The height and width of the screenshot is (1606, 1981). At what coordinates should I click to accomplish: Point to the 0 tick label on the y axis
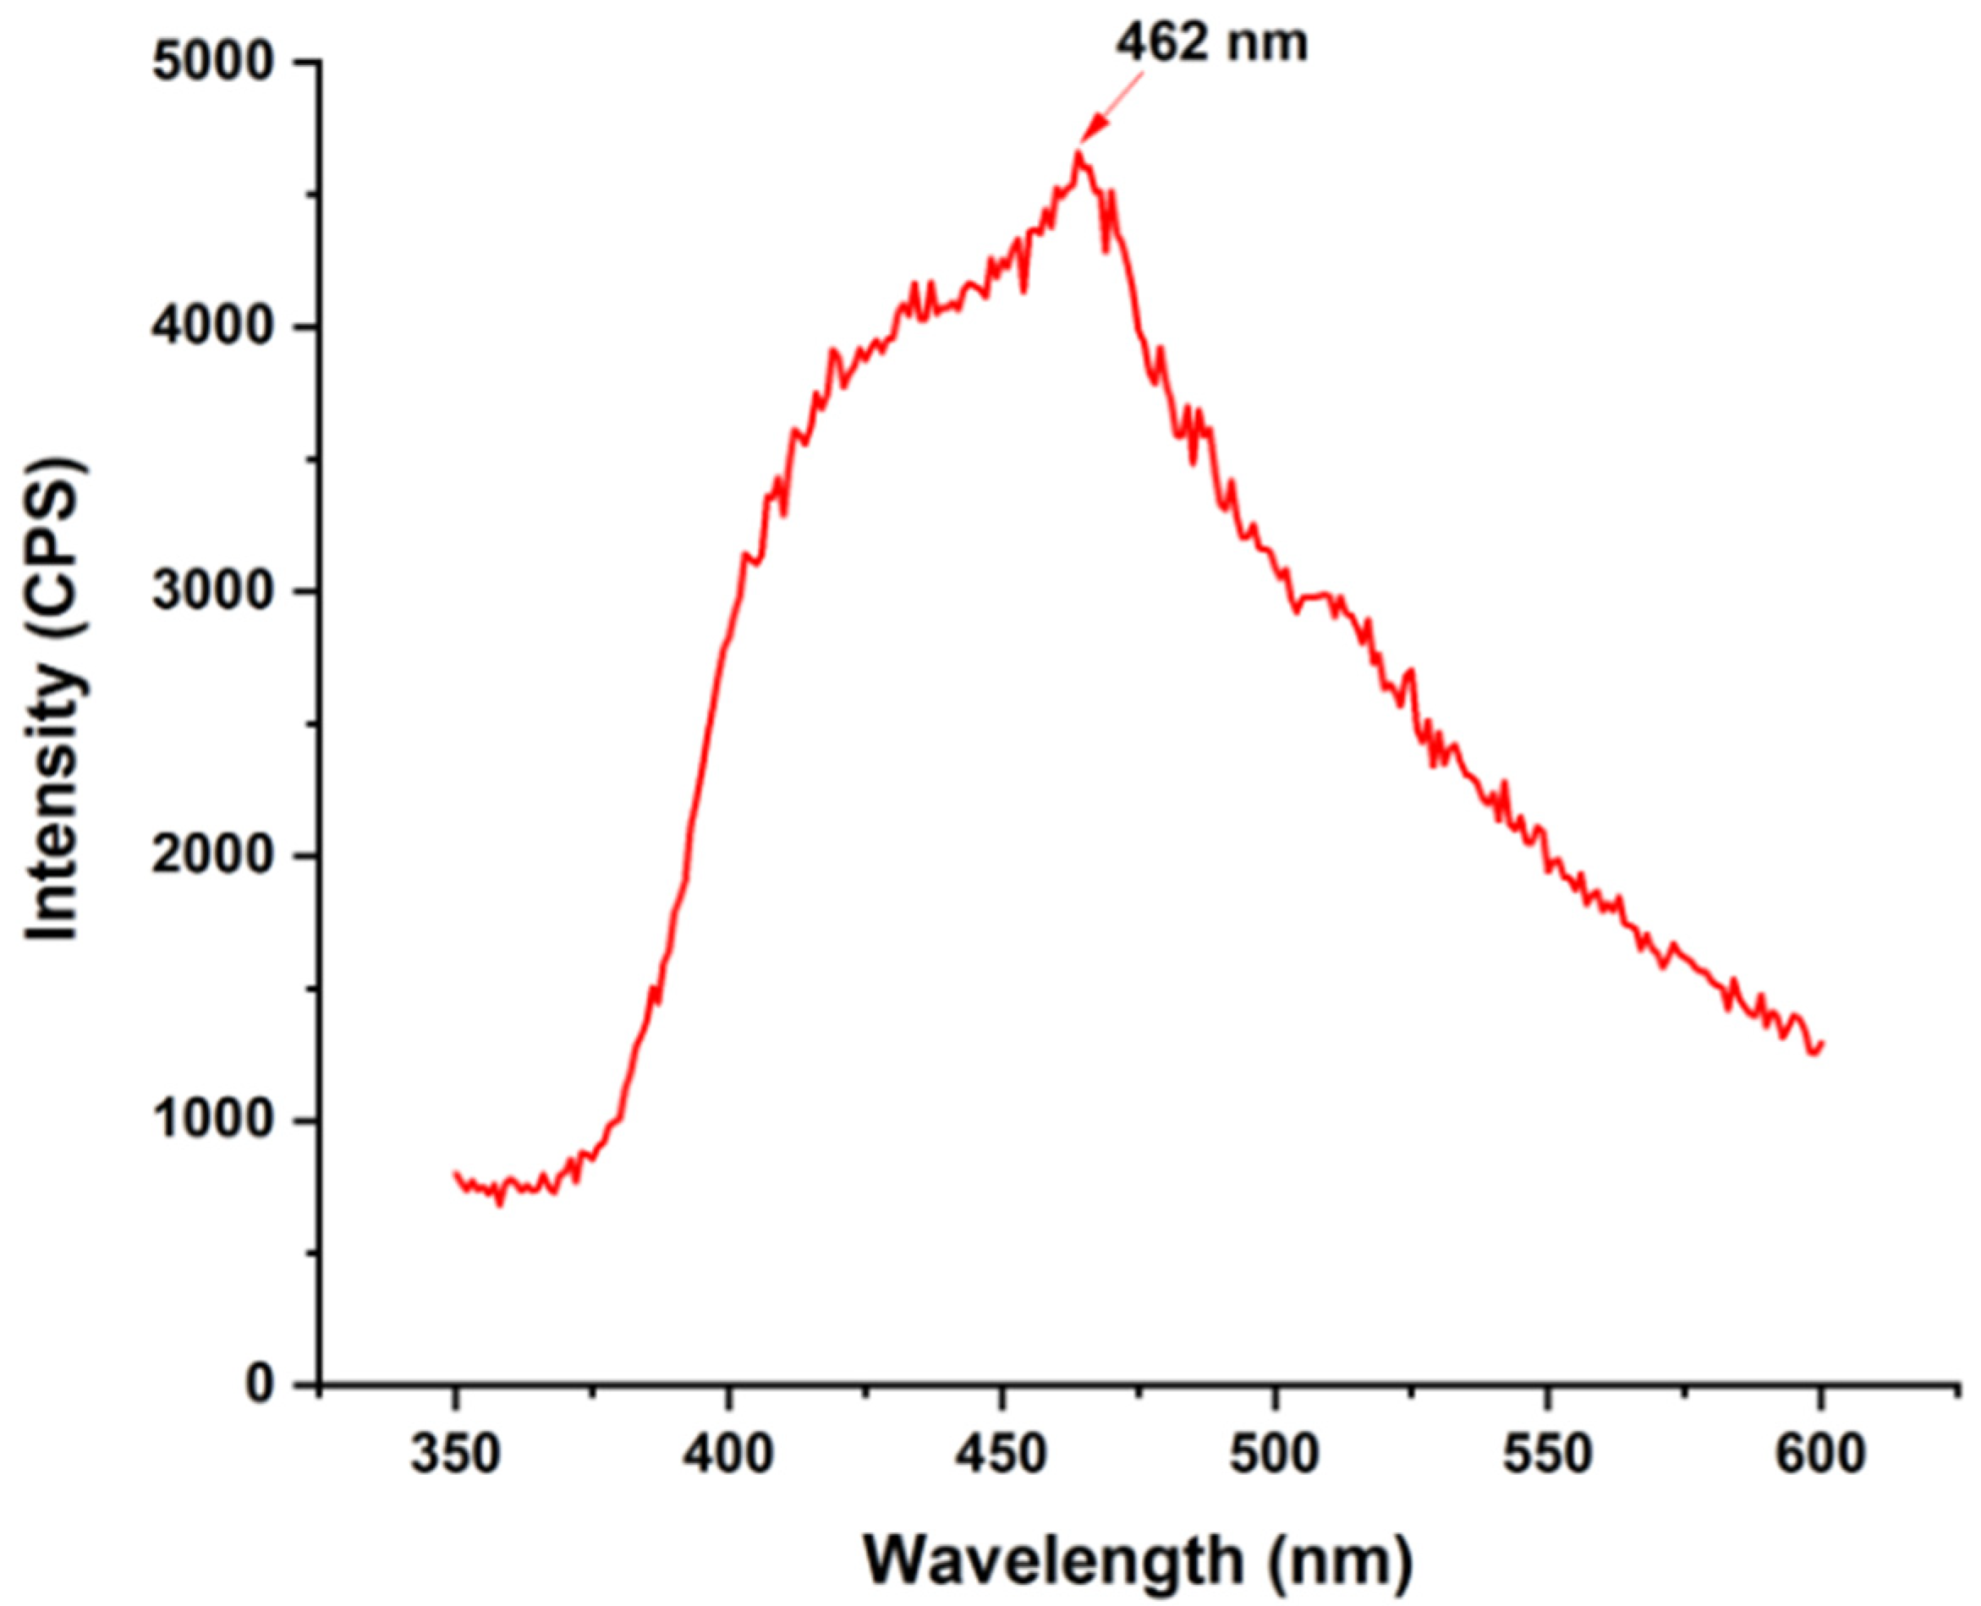coord(259,1385)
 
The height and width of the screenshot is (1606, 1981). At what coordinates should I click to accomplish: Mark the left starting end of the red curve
coord(455,1173)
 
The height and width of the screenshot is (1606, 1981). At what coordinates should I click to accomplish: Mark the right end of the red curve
coord(1821,1044)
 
